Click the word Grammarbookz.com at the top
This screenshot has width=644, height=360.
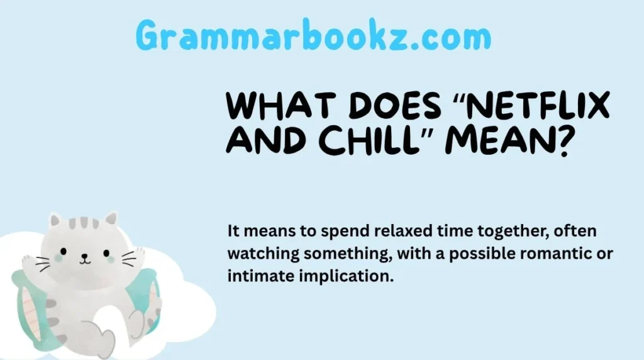coord(313,35)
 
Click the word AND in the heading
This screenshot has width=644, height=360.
coord(262,141)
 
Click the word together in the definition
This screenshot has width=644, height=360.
coord(500,232)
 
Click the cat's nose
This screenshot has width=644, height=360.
coord(84,257)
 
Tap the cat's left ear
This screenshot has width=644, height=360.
coord(56,221)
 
